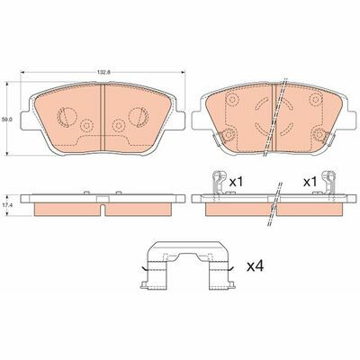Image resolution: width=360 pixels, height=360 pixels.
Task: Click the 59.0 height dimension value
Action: (6, 119)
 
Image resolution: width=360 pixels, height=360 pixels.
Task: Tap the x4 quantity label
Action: (255, 266)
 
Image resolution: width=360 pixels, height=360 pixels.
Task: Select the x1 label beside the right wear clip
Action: (310, 182)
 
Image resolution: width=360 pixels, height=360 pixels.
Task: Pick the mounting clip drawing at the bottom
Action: (187, 265)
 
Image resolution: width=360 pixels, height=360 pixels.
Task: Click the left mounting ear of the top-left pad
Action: (26, 121)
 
